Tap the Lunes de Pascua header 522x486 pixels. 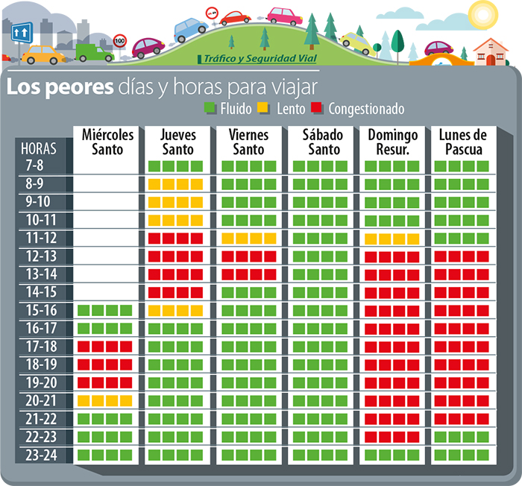tap(462, 142)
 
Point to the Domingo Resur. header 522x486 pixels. tap(392, 142)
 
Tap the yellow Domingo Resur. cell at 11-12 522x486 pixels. tap(392, 238)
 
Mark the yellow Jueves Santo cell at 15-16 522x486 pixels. tap(176, 310)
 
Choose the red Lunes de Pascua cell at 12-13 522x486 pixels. tap(462, 256)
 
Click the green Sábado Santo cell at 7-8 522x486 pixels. tap(320, 165)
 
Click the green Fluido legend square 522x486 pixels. tap(210, 110)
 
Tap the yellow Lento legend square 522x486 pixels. tap(262, 110)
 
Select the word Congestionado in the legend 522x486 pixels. tap(366, 110)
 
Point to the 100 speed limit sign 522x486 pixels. tap(119, 42)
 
